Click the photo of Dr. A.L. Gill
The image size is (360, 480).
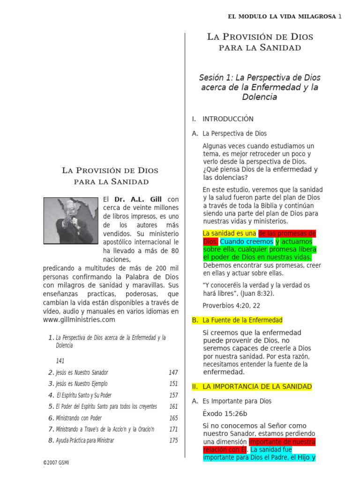tap(71, 220)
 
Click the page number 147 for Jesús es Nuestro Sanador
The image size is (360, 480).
tap(173, 373)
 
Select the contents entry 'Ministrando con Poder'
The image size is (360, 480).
tap(78, 418)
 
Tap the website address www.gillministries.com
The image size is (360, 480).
tap(79, 320)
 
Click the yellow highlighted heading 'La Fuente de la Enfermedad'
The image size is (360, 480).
tap(242, 320)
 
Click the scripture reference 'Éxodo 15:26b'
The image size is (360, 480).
tap(225, 414)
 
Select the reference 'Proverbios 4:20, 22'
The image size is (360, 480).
tap(231, 306)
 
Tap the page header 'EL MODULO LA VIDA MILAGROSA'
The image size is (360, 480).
tap(282, 16)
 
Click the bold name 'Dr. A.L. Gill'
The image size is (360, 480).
tap(140, 199)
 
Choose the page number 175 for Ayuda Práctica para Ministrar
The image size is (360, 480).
tap(173, 441)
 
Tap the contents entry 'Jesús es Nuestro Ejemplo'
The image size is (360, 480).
tap(82, 384)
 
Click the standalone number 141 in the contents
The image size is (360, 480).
tap(60, 361)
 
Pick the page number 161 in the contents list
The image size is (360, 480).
tap(173, 407)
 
